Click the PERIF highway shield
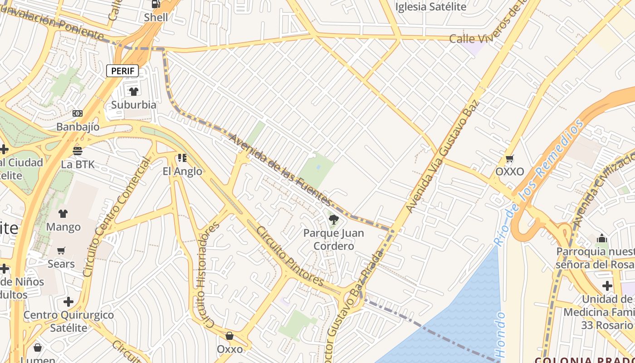122,71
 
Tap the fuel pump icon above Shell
156,4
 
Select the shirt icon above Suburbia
134,92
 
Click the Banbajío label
78,127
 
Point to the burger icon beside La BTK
78,151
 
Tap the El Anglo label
182,171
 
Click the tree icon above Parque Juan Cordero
334,220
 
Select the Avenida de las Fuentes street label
280,170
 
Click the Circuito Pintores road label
290,256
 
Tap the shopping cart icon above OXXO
509,159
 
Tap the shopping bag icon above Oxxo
230,336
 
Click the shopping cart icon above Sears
61,250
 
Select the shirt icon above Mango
63,214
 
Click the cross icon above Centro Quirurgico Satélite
68,302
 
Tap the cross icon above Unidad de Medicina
607,286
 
